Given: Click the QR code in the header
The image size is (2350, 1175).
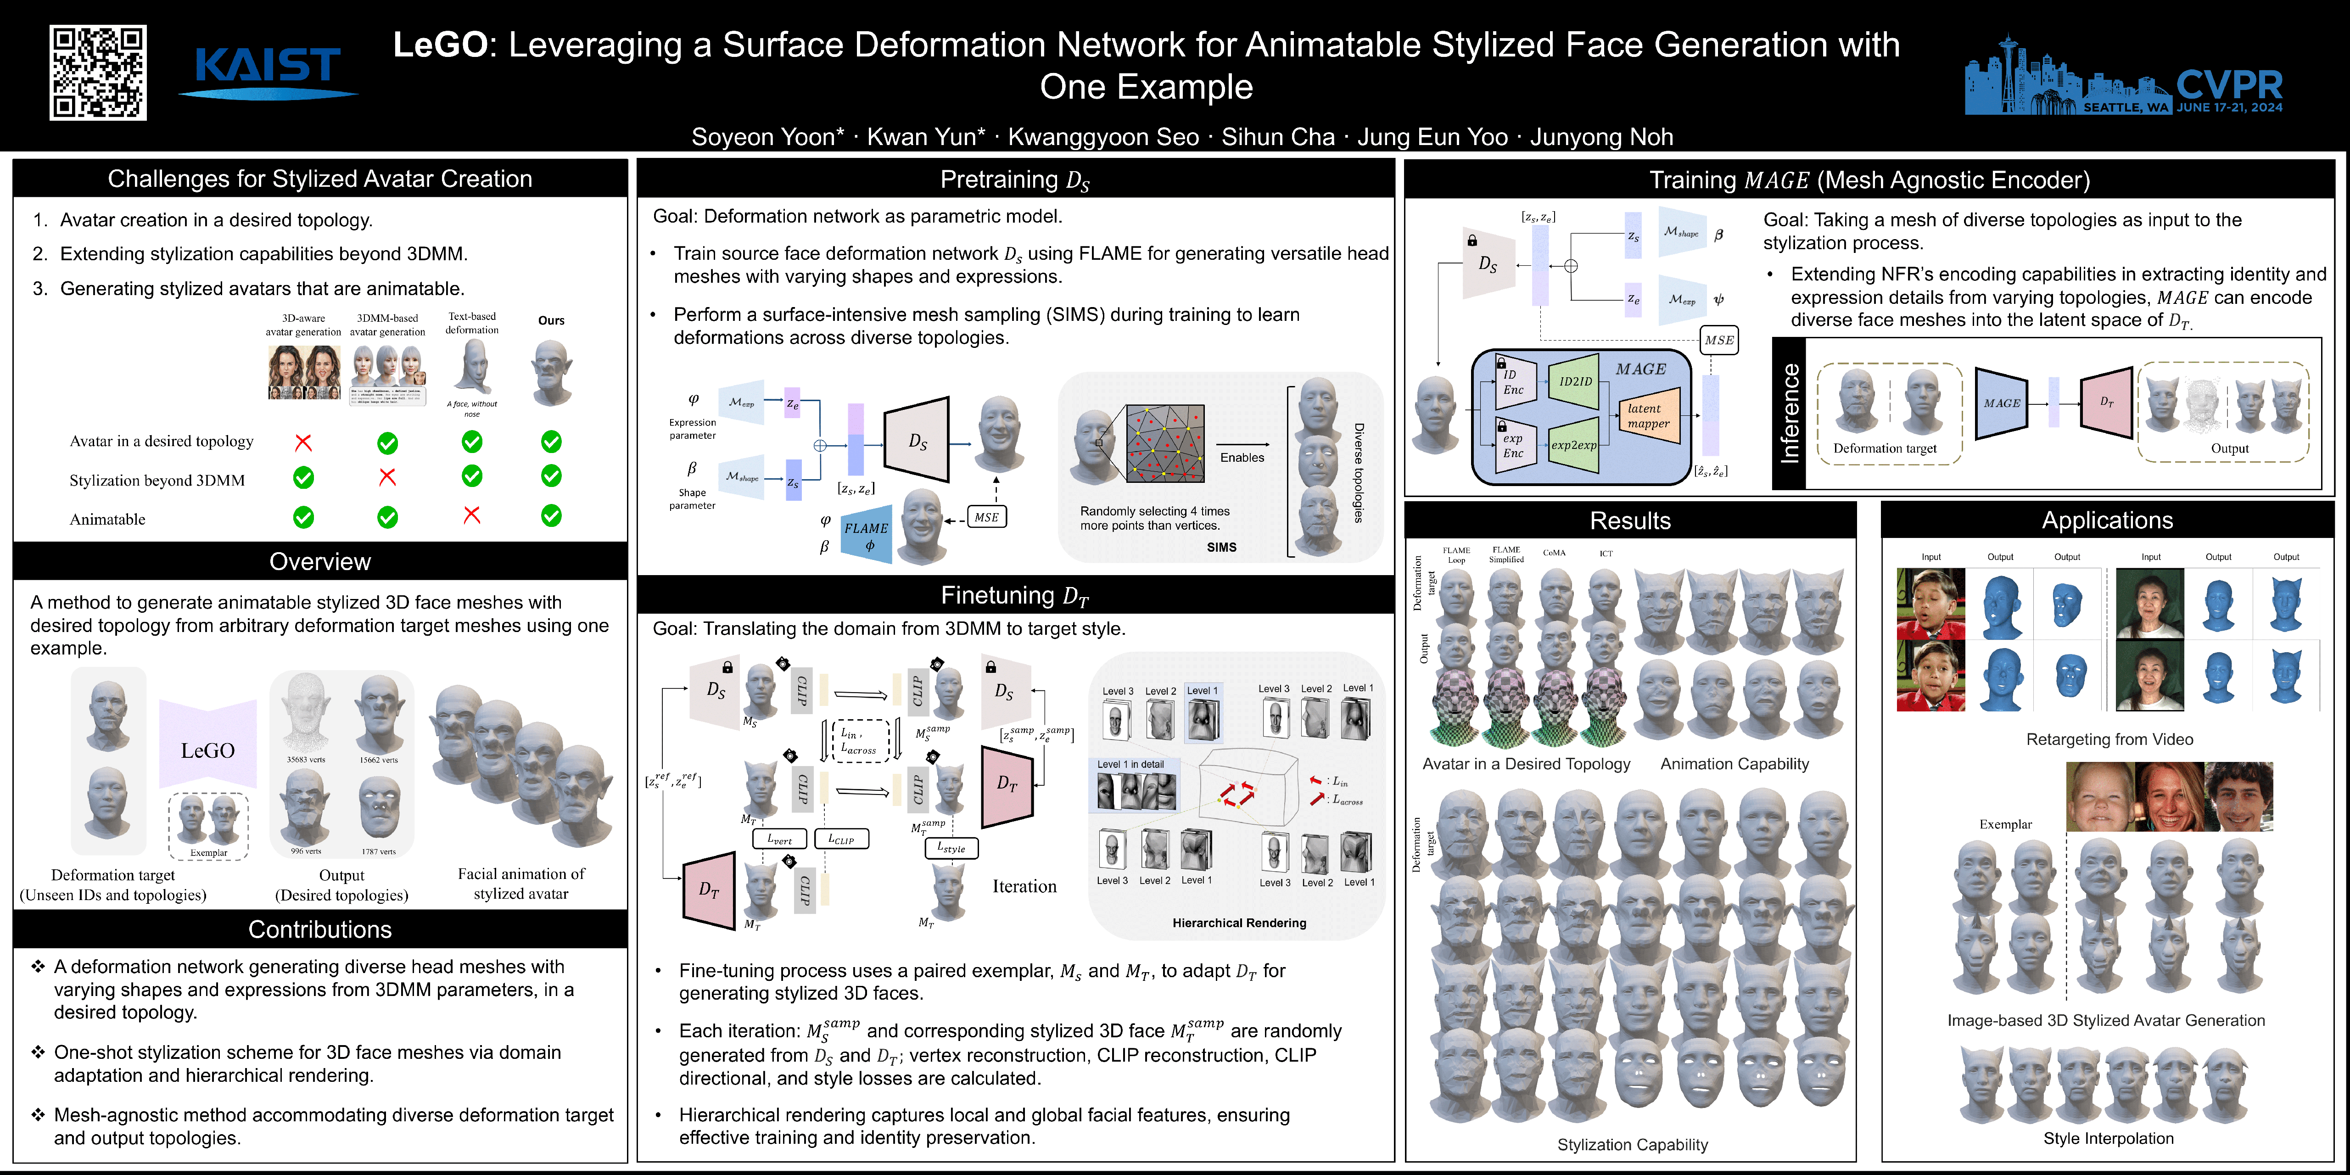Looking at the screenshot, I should pyautogui.click(x=98, y=73).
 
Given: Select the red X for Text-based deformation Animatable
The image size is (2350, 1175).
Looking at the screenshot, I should pyautogui.click(x=472, y=515).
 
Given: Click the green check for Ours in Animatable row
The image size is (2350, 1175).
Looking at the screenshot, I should pyautogui.click(x=551, y=515).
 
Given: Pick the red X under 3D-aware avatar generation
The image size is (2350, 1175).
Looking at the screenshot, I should pyautogui.click(x=304, y=442).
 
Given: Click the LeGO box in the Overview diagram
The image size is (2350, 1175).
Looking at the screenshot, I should pyautogui.click(x=208, y=750).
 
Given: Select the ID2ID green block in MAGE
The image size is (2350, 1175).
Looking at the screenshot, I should pyautogui.click(x=1575, y=381).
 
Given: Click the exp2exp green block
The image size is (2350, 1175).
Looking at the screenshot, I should pyautogui.click(x=1575, y=445).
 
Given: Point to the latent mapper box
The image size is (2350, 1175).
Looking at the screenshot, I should pyautogui.click(x=1649, y=416).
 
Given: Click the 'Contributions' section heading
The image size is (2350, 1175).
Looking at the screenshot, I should pyautogui.click(x=320, y=929).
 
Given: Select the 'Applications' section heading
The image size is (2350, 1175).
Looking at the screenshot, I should pyautogui.click(x=2107, y=520).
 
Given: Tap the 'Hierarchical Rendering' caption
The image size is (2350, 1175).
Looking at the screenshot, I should pyautogui.click(x=1239, y=923).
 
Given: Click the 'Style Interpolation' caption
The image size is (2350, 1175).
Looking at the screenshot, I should pyautogui.click(x=2108, y=1138).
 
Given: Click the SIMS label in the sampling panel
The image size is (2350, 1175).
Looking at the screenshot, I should pyautogui.click(x=1221, y=548).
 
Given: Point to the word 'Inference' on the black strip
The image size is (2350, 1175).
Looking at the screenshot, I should pyautogui.click(x=1790, y=413).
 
